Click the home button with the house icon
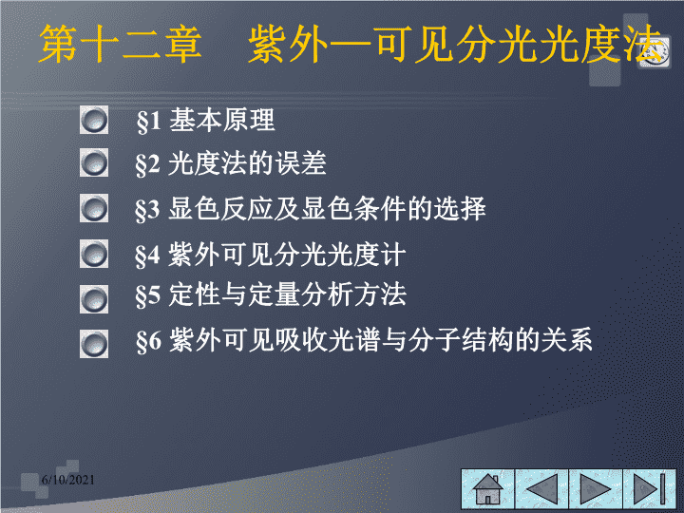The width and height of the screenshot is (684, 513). [488, 489]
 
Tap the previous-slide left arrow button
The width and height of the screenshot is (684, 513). [541, 489]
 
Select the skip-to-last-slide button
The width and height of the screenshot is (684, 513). [650, 489]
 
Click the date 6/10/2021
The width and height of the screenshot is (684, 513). [68, 480]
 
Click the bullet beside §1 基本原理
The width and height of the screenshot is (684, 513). [94, 120]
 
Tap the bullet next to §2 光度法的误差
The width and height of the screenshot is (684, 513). [94, 162]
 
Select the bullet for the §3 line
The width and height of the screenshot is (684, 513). [94, 208]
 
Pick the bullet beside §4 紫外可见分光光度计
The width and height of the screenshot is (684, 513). [94, 254]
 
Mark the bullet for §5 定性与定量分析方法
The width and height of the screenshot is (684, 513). [94, 299]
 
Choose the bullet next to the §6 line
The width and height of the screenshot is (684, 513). [94, 343]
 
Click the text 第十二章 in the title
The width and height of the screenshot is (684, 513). [121, 44]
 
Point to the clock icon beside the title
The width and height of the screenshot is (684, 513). [655, 52]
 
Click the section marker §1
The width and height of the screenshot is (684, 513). [149, 122]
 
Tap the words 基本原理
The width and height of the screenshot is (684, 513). [222, 120]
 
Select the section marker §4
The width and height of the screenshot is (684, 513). [148, 256]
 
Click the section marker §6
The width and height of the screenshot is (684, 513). [149, 341]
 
